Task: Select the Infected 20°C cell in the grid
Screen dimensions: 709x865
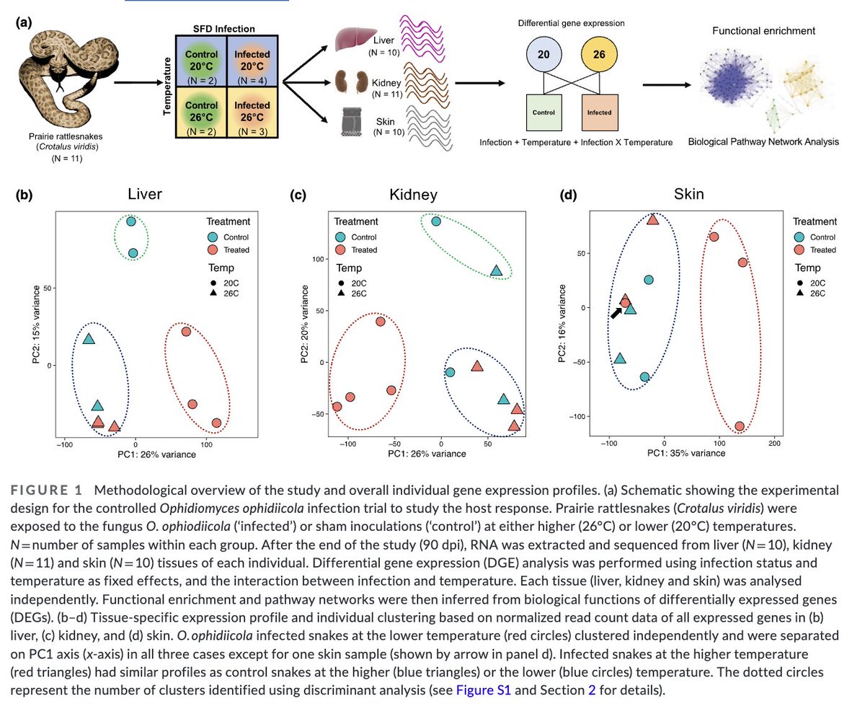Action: click(x=252, y=62)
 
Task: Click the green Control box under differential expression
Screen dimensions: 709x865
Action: click(x=544, y=113)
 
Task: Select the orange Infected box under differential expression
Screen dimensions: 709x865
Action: click(x=599, y=113)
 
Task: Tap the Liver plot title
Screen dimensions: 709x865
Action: click(x=145, y=194)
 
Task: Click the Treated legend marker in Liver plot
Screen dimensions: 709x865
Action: click(x=213, y=250)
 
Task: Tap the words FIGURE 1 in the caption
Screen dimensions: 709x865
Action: click(x=49, y=490)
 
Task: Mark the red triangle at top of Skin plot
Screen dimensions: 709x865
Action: click(x=653, y=219)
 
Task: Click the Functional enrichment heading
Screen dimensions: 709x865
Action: click(x=763, y=32)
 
